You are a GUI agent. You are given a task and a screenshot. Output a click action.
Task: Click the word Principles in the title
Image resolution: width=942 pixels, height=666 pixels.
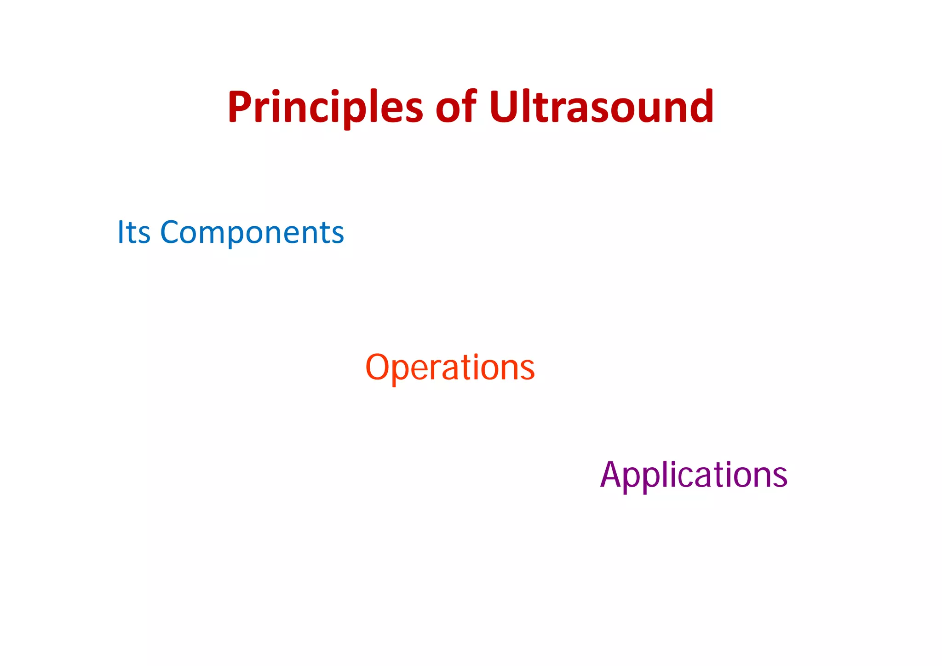(x=325, y=108)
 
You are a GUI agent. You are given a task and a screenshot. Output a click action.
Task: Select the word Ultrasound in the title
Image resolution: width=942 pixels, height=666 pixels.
(x=601, y=108)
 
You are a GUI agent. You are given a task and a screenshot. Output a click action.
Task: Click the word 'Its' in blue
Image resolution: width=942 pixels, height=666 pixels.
(x=134, y=232)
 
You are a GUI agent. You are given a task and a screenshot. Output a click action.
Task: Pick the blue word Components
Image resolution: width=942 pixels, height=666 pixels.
(x=252, y=232)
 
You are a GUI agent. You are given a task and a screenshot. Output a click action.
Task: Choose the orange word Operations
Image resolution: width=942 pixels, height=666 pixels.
(x=450, y=367)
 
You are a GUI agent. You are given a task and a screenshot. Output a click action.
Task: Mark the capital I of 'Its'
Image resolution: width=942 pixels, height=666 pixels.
(x=121, y=232)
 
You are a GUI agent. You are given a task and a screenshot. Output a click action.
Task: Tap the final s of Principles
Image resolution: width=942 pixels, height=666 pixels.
(x=413, y=110)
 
